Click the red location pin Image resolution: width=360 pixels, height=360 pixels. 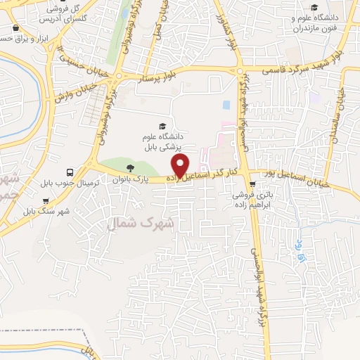pos(181,166)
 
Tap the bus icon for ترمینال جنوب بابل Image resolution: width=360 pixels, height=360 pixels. pos(69,172)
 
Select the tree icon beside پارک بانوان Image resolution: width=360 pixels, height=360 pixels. pos(129,167)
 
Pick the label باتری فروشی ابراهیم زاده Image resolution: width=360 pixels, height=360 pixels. pos(262,202)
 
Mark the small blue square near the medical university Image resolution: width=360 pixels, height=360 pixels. pos(226,105)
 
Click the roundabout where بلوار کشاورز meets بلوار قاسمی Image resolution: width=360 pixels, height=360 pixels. pos(240,71)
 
